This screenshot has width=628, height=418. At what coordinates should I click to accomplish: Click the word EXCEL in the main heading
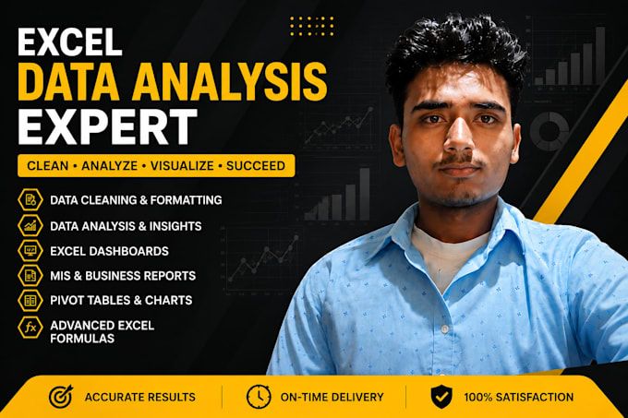[x=69, y=42]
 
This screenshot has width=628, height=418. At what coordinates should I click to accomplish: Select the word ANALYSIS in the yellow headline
[x=229, y=82]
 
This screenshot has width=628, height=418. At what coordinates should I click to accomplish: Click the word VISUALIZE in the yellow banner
[x=182, y=165]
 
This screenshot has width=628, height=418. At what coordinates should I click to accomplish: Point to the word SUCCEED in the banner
[x=256, y=165]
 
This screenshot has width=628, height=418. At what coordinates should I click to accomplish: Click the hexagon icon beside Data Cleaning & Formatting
[x=30, y=199]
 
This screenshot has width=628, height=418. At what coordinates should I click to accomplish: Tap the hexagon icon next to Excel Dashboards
[x=30, y=251]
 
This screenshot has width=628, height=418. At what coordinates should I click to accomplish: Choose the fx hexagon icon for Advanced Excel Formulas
[x=30, y=328]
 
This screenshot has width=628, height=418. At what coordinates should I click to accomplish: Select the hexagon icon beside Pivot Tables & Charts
[x=30, y=301]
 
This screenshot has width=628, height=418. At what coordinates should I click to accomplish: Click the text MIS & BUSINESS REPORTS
[x=123, y=276]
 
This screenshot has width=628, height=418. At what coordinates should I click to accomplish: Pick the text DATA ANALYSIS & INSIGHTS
[x=126, y=226]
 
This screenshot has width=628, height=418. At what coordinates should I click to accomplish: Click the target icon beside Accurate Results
[x=61, y=397]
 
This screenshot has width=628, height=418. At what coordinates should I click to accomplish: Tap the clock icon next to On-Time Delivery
[x=259, y=397]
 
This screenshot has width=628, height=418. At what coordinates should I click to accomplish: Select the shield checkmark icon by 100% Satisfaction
[x=441, y=397]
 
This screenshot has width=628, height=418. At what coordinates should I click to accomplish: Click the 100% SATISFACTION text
[x=519, y=397]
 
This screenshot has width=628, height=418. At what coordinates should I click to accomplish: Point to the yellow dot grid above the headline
[x=311, y=26]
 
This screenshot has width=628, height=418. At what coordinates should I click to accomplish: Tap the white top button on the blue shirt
[x=444, y=328]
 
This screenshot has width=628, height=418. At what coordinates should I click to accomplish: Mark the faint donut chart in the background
[x=549, y=131]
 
